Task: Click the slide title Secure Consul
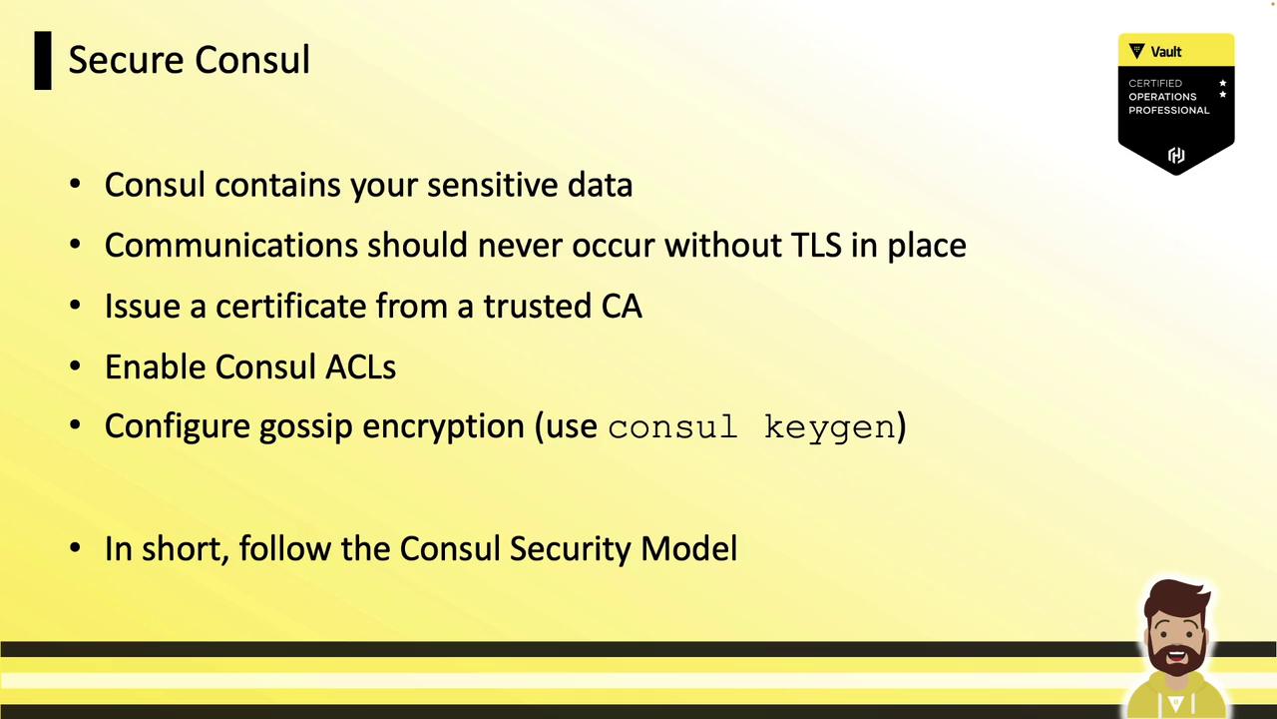[x=190, y=59]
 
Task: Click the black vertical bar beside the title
[x=43, y=61]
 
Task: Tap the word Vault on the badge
[x=1166, y=52]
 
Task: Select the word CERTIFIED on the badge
[x=1155, y=83]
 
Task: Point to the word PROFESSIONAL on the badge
[x=1168, y=110]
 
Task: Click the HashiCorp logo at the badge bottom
[x=1176, y=155]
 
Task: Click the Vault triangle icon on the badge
[x=1136, y=51]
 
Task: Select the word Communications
[x=230, y=246]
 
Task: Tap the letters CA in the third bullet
[x=622, y=306]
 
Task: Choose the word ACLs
[x=360, y=366]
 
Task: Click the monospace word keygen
[x=829, y=428]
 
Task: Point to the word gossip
[x=306, y=426]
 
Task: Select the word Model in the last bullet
[x=688, y=549]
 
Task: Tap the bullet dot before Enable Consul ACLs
[x=75, y=366]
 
